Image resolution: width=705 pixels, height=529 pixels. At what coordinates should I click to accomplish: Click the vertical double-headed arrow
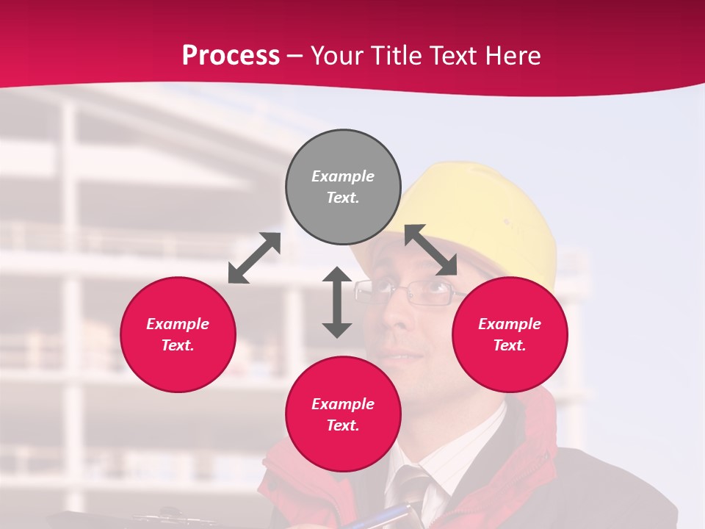[x=337, y=302]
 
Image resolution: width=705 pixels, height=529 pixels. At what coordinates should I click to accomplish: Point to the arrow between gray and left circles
[x=254, y=258]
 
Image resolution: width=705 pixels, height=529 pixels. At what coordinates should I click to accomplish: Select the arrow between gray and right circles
[x=431, y=250]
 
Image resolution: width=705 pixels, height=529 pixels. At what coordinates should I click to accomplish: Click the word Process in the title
[x=231, y=55]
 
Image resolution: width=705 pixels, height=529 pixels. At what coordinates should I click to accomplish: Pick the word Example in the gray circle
[x=343, y=176]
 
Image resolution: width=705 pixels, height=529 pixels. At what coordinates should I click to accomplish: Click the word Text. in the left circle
[x=178, y=345]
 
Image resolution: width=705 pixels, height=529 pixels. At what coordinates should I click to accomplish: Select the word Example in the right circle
[x=510, y=324]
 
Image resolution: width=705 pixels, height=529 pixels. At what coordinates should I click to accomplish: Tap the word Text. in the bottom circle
[x=343, y=425]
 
